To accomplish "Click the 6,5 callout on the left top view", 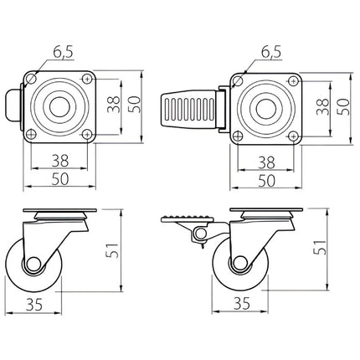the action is (x=64, y=53).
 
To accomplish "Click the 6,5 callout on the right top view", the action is (x=271, y=53).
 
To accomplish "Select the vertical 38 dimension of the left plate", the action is (x=114, y=105).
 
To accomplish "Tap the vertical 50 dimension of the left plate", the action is (x=134, y=105).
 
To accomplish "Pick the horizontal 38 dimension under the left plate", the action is (x=60, y=161).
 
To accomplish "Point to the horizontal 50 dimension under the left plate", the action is (x=60, y=179).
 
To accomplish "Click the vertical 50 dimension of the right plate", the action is (x=343, y=106).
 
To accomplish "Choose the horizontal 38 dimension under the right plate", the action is (x=266, y=162).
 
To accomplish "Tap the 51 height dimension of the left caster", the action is (x=113, y=250).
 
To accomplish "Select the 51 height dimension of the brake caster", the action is (x=320, y=247).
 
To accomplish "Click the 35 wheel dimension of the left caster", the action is (x=34, y=304).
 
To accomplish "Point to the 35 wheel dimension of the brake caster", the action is (x=242, y=303).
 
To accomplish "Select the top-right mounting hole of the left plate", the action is (x=87, y=79).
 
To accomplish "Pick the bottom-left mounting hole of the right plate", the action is (x=238, y=136).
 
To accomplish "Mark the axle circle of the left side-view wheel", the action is (x=33, y=264).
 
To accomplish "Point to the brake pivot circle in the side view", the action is (x=200, y=234).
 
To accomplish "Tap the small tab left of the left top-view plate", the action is (x=13, y=106).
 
